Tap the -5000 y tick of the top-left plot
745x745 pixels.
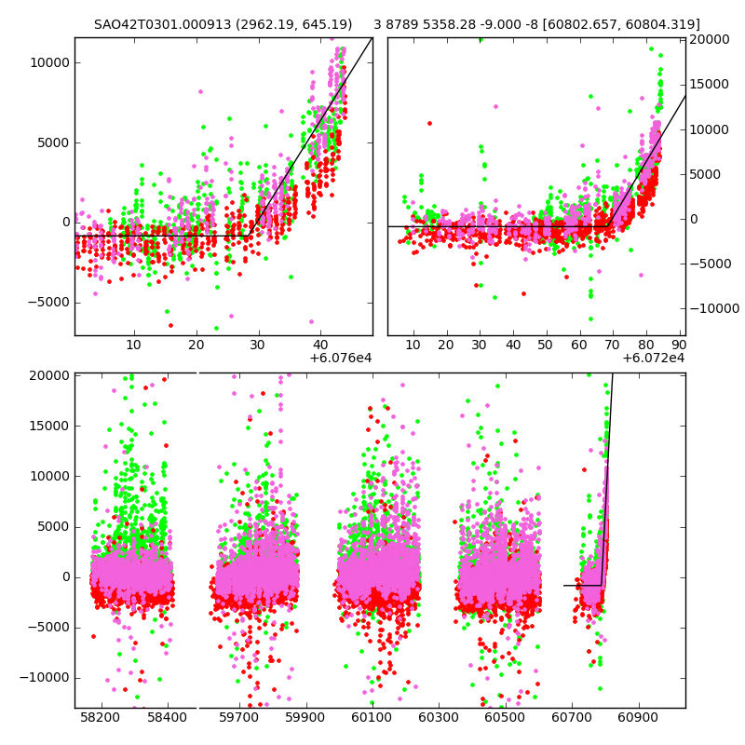pos(50,302)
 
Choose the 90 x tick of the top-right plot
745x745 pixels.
pos(679,345)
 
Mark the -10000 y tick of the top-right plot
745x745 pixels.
pos(712,308)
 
